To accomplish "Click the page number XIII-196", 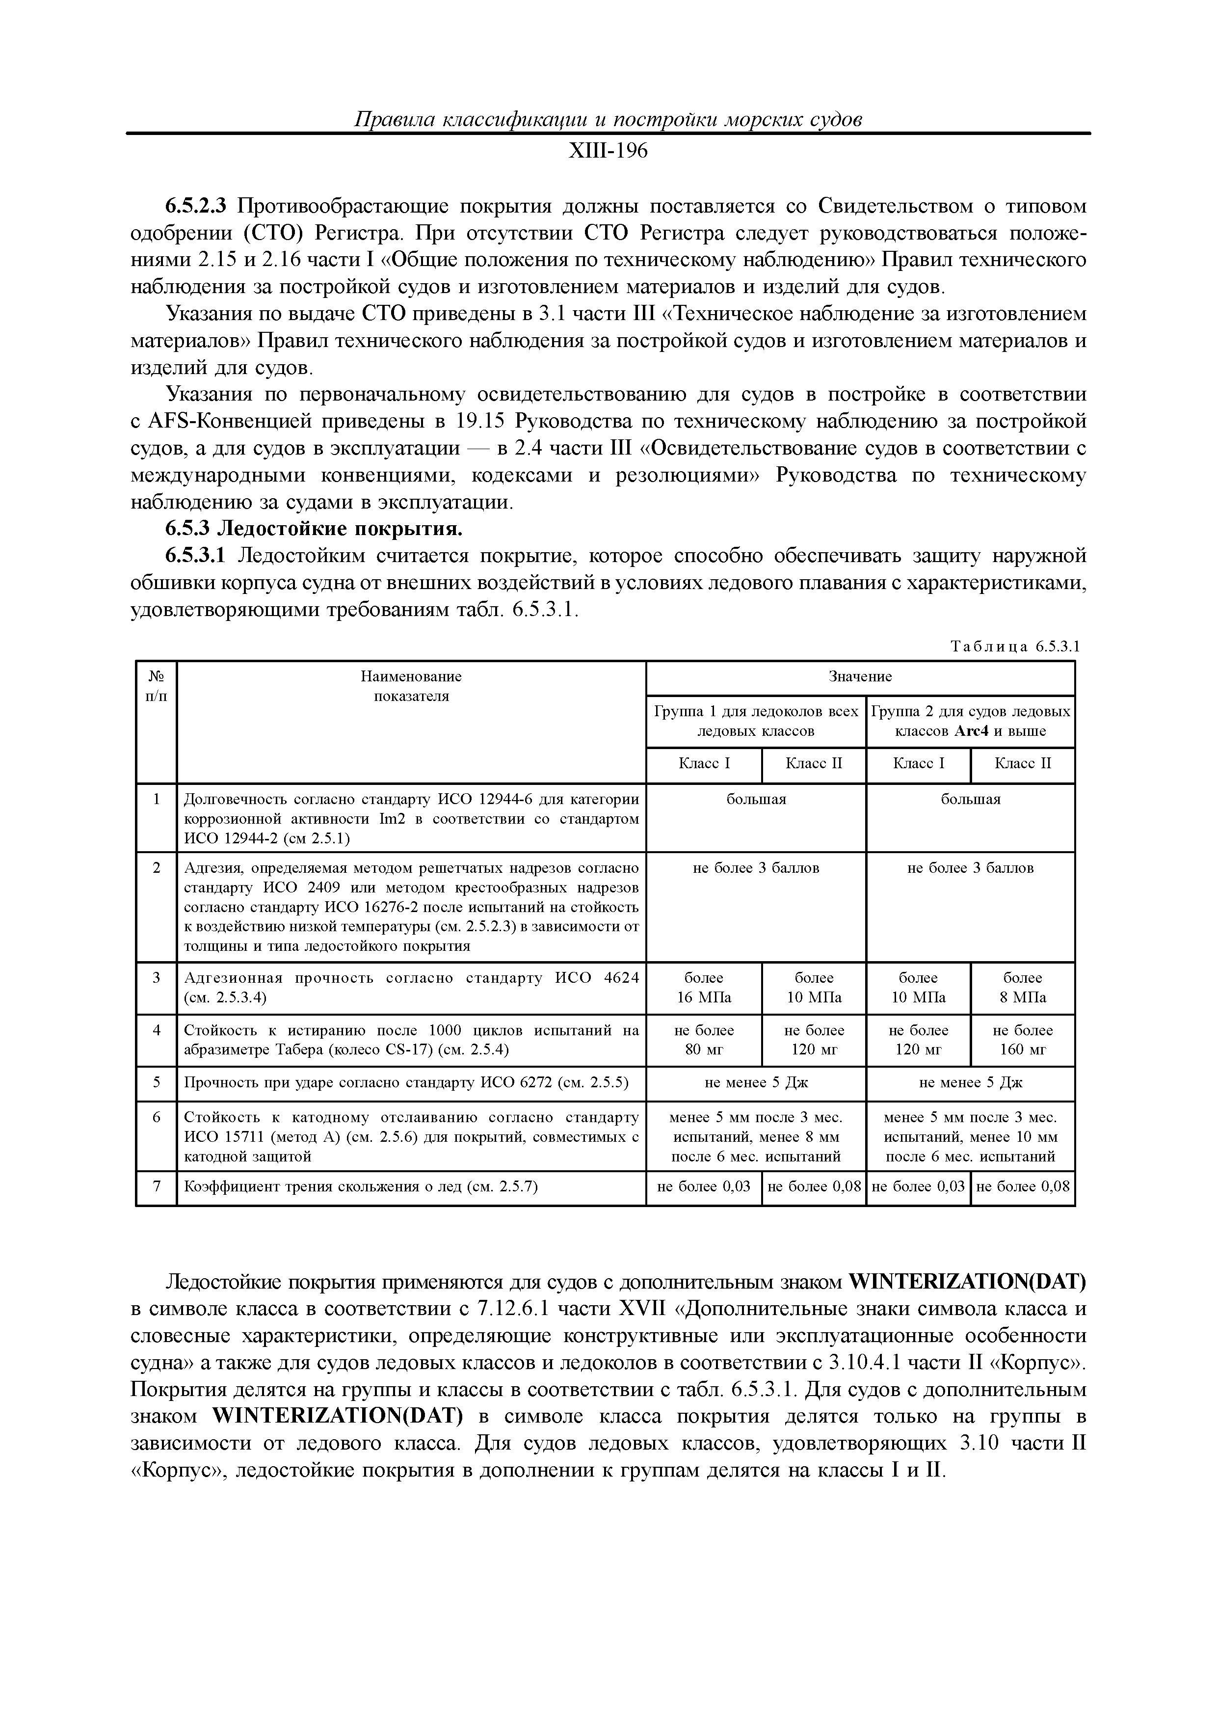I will click(x=608, y=152).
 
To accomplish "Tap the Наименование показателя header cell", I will click(x=411, y=686).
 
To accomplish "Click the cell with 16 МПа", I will click(x=703, y=988).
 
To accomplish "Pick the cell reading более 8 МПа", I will click(x=1022, y=988).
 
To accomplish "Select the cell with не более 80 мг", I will click(x=703, y=1040).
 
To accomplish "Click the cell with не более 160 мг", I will click(x=1022, y=1040).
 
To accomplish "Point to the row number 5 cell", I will click(x=156, y=1082).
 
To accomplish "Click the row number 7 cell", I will click(x=156, y=1186).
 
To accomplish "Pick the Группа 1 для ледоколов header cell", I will click(x=756, y=721).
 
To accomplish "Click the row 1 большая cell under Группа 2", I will click(x=970, y=800).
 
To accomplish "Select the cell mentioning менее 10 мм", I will click(x=970, y=1137).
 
